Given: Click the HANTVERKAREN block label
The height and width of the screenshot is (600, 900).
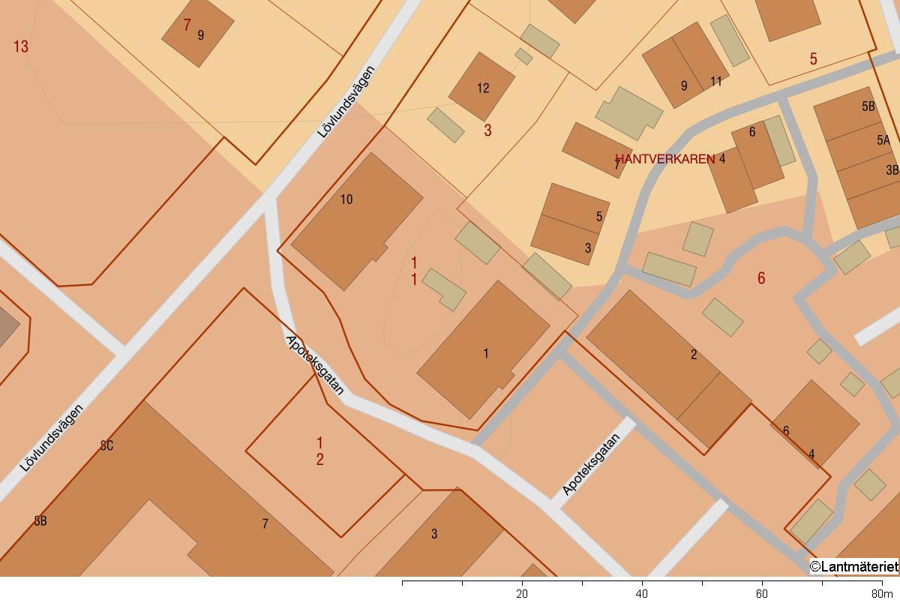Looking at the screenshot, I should [664, 159].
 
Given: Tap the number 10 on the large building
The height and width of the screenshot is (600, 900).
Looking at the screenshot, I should [346, 199].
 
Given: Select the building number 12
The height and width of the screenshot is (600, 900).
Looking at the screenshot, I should [483, 88].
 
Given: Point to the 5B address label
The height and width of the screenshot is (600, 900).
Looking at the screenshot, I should [868, 106].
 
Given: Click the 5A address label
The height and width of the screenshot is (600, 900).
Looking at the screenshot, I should [883, 140].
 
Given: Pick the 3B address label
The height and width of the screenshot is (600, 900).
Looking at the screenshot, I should [892, 170].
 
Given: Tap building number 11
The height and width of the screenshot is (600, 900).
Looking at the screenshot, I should [716, 82].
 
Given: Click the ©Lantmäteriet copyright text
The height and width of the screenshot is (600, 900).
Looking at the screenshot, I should [853, 566].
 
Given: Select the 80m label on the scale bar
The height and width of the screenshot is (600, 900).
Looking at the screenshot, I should [882, 593].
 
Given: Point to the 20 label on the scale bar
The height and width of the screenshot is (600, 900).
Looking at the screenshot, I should [522, 593].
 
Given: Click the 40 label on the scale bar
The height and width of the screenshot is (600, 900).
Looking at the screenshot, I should [642, 593].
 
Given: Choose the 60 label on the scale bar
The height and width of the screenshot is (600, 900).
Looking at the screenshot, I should [762, 593].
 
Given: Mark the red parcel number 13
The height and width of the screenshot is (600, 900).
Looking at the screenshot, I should [21, 46].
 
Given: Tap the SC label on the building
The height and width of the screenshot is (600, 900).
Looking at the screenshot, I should [106, 445].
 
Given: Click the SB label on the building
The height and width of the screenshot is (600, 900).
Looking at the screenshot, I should [40, 520].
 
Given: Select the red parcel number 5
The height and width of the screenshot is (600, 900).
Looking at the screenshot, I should [813, 59].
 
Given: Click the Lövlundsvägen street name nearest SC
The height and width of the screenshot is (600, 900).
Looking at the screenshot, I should [52, 438].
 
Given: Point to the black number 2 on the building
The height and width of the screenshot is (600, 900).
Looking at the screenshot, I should [694, 355].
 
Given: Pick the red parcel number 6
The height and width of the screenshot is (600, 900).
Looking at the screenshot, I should [761, 278].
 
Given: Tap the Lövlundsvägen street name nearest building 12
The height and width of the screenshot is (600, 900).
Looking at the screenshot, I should [346, 102].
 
